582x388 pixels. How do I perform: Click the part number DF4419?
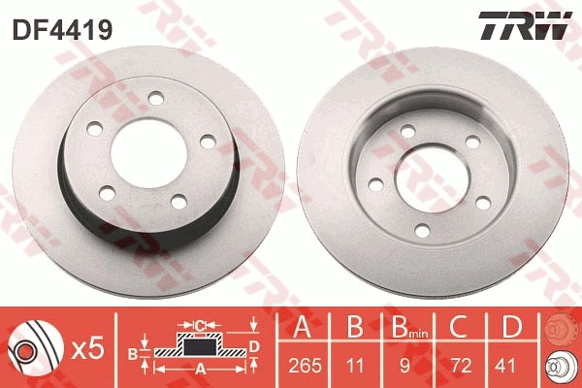click(62, 30)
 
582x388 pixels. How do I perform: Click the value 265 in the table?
click(299, 368)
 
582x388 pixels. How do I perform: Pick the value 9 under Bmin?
click(407, 368)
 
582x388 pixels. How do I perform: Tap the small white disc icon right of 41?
click(559, 368)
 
